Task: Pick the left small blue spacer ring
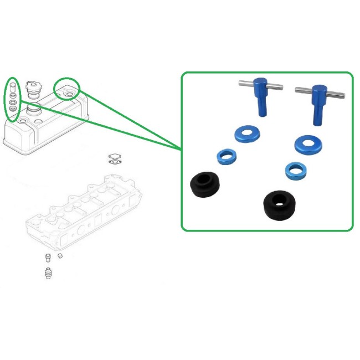(226, 157)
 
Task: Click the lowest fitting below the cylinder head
(48, 273)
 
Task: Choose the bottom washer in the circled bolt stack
(12, 109)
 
